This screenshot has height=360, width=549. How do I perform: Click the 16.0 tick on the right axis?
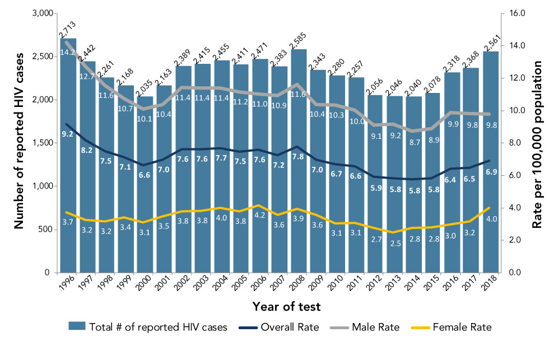tap(514, 13)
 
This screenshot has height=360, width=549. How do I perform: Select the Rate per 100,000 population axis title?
tap(537, 143)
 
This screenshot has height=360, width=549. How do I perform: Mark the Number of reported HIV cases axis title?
tap(18, 143)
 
